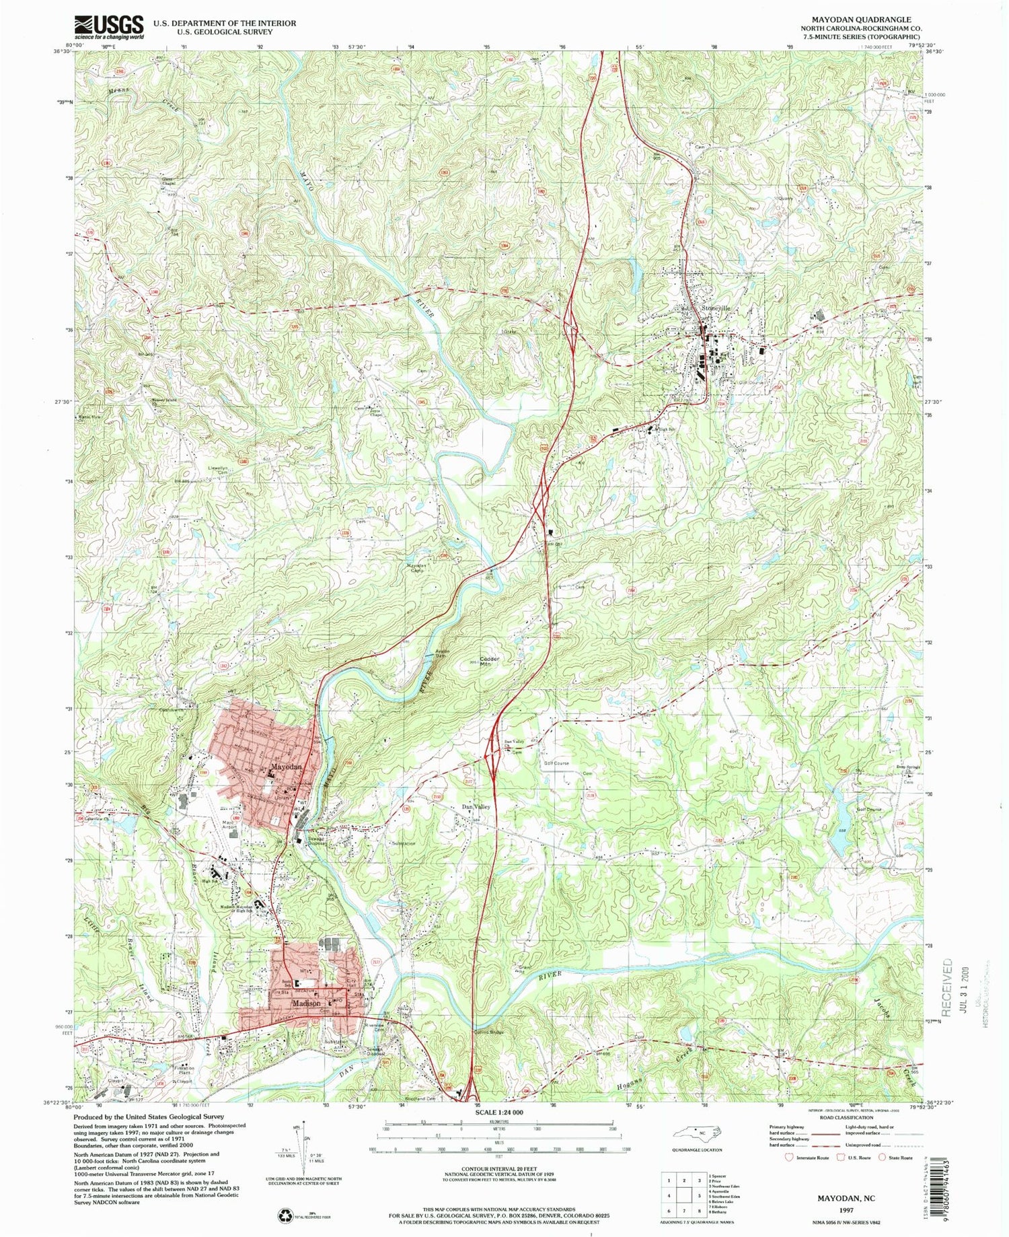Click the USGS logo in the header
point(109,27)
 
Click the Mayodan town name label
point(286,767)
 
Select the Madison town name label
point(306,1003)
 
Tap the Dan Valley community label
point(475,806)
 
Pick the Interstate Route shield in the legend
point(790,1158)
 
